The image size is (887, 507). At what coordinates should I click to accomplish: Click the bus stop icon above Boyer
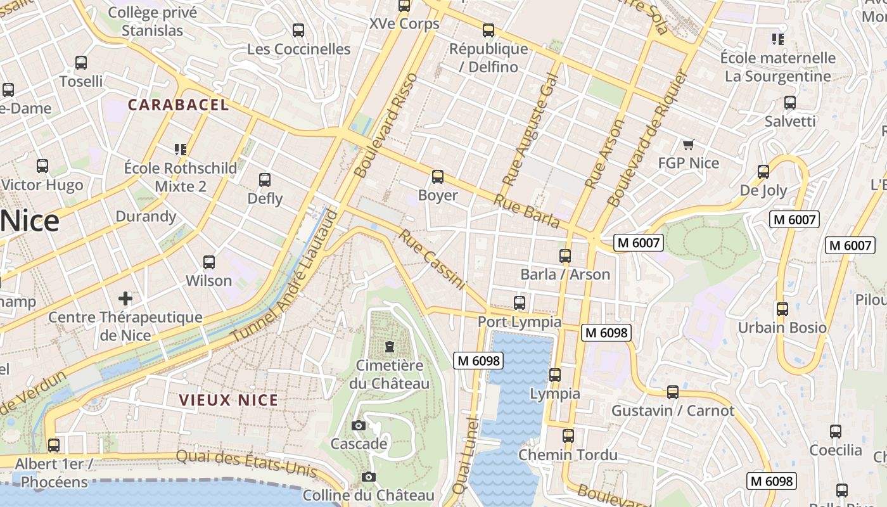[437, 177]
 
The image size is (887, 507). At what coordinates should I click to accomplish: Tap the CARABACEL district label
[178, 105]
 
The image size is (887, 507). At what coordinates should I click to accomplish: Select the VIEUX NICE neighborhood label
[229, 400]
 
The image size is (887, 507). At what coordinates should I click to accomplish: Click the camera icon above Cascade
[359, 425]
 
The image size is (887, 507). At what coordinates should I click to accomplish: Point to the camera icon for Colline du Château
[369, 477]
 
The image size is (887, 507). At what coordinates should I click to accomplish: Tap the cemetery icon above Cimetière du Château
[389, 347]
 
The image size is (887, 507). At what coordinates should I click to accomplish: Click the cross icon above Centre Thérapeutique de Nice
[125, 298]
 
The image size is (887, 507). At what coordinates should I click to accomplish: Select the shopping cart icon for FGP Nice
[688, 144]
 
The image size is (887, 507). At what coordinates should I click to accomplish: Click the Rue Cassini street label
[432, 260]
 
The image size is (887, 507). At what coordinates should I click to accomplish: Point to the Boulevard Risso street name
[386, 125]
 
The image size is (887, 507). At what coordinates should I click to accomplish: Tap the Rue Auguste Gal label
[530, 130]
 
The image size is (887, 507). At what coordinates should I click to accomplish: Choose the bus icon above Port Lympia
[520, 303]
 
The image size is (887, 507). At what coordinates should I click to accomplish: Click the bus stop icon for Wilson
[208, 262]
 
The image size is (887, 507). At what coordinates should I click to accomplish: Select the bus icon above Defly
[265, 180]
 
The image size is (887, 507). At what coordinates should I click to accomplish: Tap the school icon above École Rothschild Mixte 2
[181, 150]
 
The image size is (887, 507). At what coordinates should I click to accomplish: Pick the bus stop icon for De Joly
[763, 172]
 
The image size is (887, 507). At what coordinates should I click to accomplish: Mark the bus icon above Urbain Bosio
[782, 309]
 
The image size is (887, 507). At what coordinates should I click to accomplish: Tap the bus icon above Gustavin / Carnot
[673, 392]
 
